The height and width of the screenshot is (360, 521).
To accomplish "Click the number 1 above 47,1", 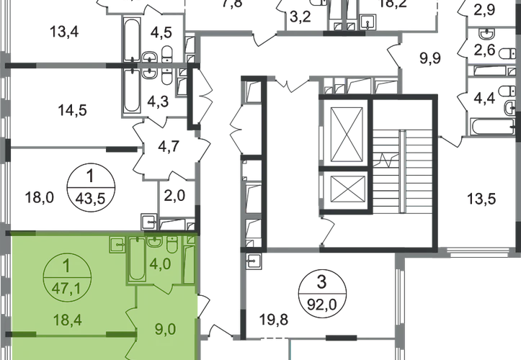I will tap(66, 265).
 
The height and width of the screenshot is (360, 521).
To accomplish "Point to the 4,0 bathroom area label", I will tap(161, 262).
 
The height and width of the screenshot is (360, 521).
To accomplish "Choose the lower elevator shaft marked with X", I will tap(342, 192).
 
